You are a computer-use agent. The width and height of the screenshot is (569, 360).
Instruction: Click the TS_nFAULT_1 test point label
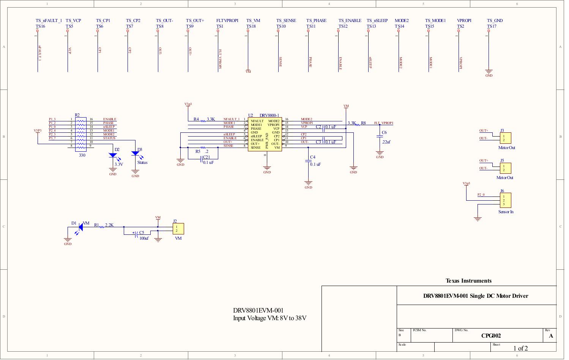(49, 20)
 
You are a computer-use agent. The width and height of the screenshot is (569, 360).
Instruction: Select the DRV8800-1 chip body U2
(265, 135)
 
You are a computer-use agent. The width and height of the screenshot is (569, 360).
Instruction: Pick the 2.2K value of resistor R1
(109, 225)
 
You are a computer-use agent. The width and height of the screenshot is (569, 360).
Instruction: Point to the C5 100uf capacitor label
(142, 233)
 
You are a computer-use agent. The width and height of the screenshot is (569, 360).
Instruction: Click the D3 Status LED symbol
(135, 153)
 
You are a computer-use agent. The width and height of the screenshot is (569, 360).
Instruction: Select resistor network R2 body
(80, 134)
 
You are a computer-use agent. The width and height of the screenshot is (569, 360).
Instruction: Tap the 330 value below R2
(82, 155)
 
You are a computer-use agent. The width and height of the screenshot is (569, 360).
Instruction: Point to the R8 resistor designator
(363, 123)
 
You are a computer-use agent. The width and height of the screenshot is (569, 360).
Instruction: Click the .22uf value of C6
(386, 142)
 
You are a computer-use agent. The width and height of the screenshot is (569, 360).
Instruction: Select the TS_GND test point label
(495, 20)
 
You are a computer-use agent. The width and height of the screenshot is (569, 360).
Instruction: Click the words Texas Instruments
(468, 281)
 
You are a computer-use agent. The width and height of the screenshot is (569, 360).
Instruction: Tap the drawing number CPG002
(491, 336)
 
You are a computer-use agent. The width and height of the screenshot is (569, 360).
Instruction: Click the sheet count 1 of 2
(520, 348)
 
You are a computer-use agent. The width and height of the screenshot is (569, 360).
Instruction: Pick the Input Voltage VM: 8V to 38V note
(270, 318)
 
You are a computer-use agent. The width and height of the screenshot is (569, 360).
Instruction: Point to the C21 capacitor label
(206, 157)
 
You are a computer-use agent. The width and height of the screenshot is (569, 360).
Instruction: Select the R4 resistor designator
(196, 119)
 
